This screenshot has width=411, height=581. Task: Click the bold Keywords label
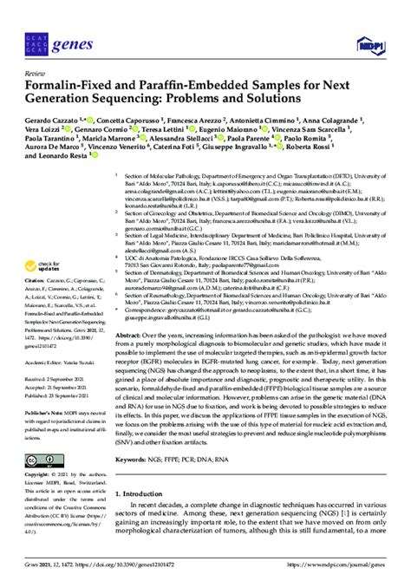(134, 459)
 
